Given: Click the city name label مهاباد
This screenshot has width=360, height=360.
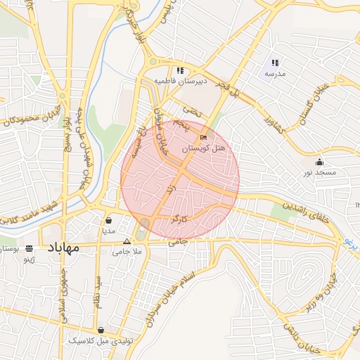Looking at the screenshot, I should point(63,247).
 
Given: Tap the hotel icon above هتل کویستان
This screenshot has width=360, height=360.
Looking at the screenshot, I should point(204,138).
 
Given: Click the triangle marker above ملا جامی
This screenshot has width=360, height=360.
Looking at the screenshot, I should point(127,241).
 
